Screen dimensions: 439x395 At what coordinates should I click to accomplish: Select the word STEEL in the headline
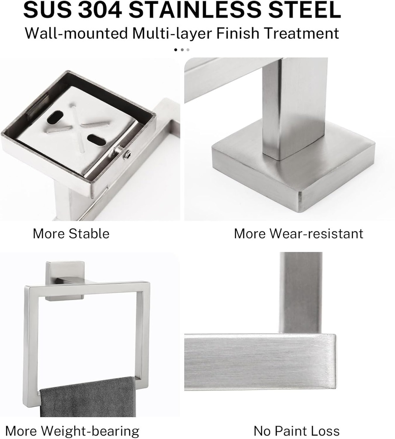(300, 11)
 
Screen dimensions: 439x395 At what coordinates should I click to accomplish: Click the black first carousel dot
(175, 50)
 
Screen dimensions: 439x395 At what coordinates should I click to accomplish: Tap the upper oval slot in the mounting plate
(56, 117)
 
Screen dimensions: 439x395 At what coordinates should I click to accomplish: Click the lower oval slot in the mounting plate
(96, 140)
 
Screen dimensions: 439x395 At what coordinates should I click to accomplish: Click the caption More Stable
(71, 234)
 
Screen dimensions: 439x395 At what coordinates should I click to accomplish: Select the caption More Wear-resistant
(298, 234)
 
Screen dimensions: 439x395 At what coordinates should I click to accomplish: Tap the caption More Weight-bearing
(72, 430)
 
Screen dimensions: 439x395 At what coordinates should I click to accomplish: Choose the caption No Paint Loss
(296, 430)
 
